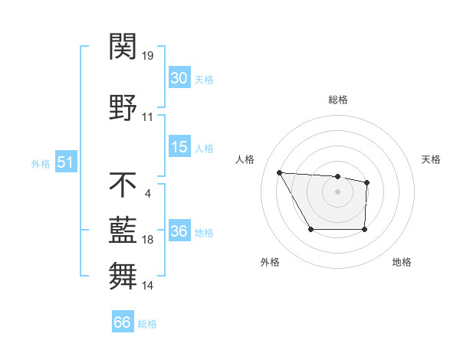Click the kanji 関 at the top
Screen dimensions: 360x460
pyautogui.click(x=123, y=47)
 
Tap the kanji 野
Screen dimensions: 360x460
pyautogui.click(x=123, y=106)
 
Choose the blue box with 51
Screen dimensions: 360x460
pyautogui.click(x=65, y=162)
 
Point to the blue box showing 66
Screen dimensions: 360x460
pyautogui.click(x=123, y=322)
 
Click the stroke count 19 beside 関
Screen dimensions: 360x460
pyautogui.click(x=148, y=56)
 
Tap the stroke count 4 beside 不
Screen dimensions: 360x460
pyautogui.click(x=147, y=192)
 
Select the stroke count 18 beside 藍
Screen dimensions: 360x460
pyautogui.click(x=148, y=240)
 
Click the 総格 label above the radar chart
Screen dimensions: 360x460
pyautogui.click(x=337, y=100)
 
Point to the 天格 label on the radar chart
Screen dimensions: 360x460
pyautogui.click(x=431, y=159)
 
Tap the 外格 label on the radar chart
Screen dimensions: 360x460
pyautogui.click(x=270, y=262)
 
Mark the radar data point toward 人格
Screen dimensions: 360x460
pyautogui.click(x=280, y=172)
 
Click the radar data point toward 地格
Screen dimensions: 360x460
pyautogui.click(x=364, y=229)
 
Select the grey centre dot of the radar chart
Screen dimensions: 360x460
pyautogui.click(x=337, y=191)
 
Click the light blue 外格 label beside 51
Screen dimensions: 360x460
pyautogui.click(x=41, y=163)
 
